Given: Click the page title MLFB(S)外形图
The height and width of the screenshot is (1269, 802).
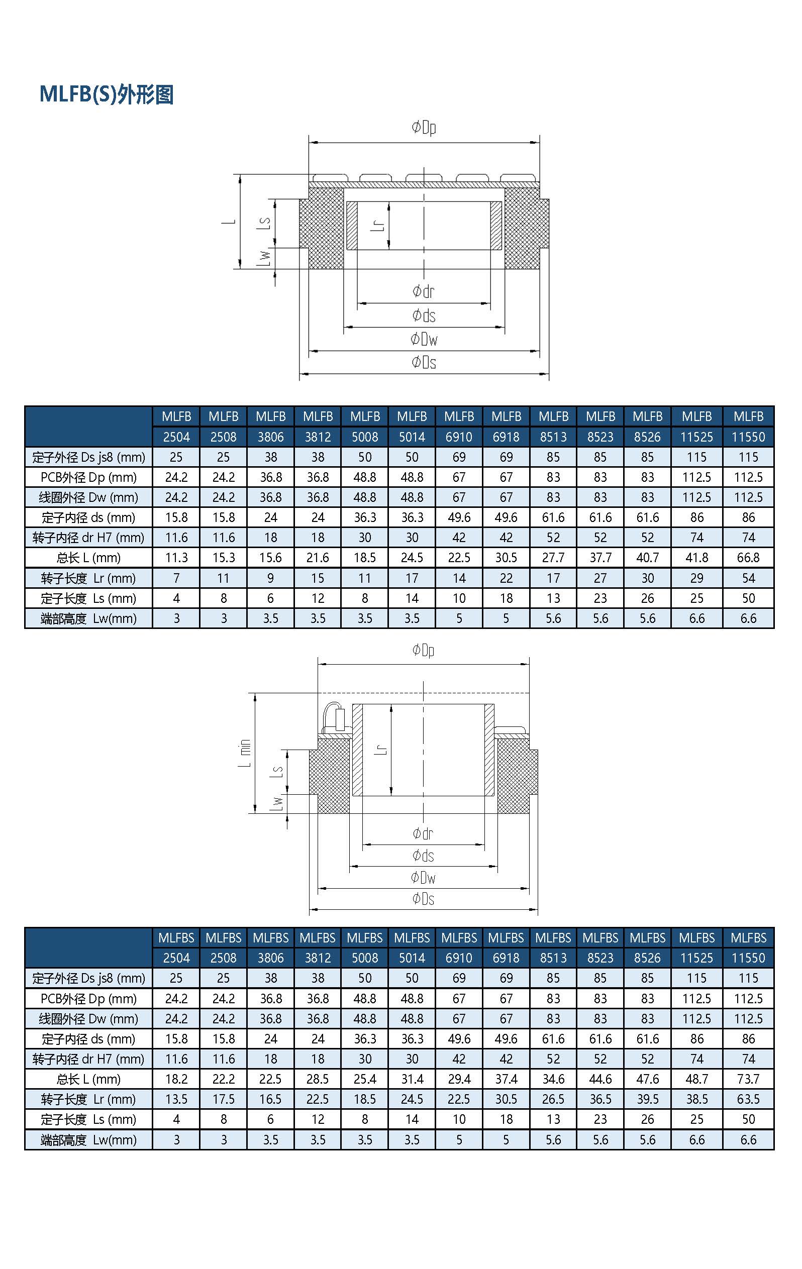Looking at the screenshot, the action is pyautogui.click(x=107, y=95).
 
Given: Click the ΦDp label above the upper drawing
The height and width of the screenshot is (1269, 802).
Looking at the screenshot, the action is pyautogui.click(x=424, y=128).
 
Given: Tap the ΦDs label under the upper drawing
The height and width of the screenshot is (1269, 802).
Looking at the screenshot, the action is pyautogui.click(x=424, y=362).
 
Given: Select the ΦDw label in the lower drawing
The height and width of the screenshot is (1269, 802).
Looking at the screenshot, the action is pyautogui.click(x=424, y=878).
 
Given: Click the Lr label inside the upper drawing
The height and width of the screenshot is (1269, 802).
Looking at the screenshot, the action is pyautogui.click(x=378, y=225).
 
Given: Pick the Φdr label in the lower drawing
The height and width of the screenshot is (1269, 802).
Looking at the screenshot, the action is pyautogui.click(x=423, y=833).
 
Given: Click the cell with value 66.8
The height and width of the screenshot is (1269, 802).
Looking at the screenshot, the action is pyautogui.click(x=748, y=558).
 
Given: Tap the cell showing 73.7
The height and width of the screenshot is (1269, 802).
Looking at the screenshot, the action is pyautogui.click(x=748, y=1079).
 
